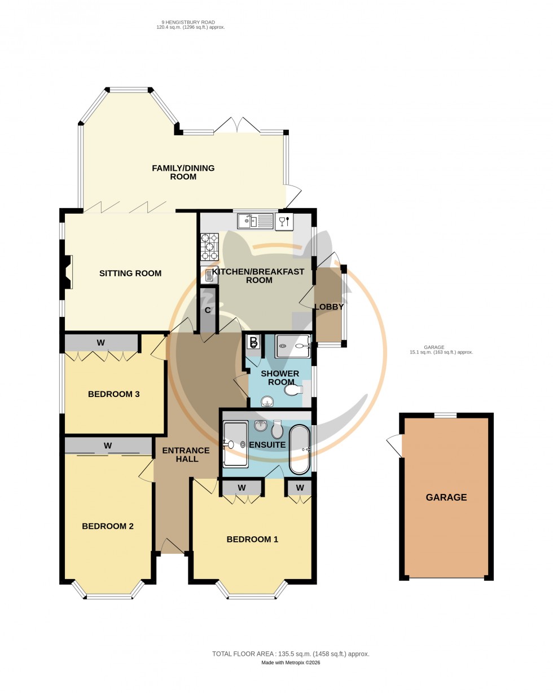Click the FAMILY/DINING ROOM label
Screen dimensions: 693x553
183,173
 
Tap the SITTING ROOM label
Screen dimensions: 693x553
130,273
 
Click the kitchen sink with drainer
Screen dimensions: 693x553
255,221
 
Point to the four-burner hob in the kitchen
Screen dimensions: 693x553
209,247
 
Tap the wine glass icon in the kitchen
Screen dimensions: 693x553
284,222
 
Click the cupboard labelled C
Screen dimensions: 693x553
208,310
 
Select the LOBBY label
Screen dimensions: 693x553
329,307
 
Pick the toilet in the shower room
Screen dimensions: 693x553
294,390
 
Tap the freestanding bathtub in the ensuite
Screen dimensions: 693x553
300,449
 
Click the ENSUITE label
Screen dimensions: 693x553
267,445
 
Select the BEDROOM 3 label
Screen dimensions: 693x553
113,394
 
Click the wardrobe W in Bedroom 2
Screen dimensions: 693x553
108,445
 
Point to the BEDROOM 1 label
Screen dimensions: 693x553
252,539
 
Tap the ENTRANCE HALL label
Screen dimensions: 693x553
186,454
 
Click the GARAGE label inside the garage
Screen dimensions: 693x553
446,497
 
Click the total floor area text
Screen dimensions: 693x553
291,654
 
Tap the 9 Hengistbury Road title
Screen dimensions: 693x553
190,24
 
